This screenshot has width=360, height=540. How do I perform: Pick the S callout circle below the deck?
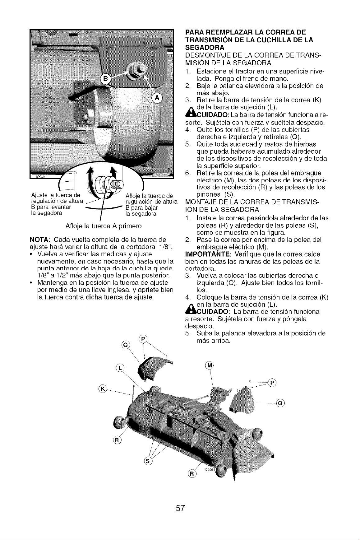tap(148, 461)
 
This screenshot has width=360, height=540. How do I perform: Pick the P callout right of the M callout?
tap(273, 383)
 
